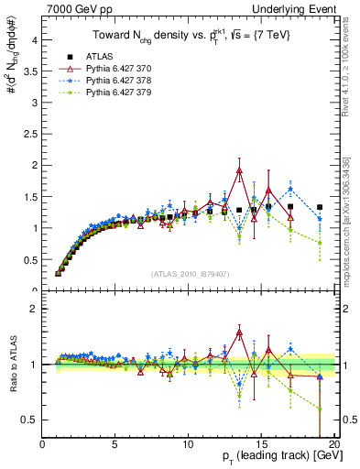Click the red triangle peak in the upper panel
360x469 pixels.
[x=239, y=170]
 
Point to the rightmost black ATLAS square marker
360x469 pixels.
[x=320, y=207]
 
